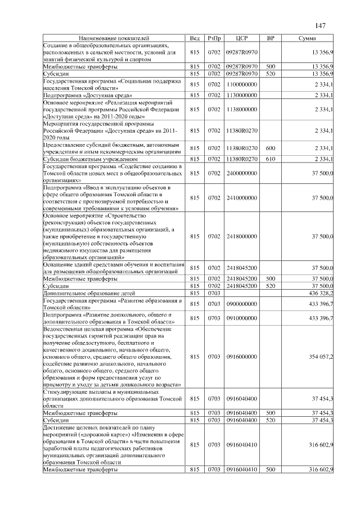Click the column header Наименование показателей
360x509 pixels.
pos(115,38)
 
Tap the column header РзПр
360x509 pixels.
pos(214,38)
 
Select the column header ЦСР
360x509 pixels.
pos(241,38)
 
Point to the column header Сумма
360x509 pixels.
pos(307,38)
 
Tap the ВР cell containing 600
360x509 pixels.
pos(270,148)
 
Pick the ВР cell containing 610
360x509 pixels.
pos(270,159)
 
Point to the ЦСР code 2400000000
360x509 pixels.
pos(241,174)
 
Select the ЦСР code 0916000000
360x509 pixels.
pos(241,357)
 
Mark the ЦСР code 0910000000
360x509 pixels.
pos(241,318)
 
